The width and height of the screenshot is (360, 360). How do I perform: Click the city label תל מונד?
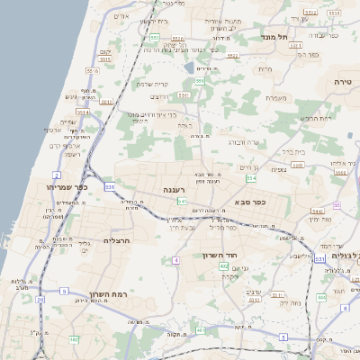pyautogui.click(x=274, y=37)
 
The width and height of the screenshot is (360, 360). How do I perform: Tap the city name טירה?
pyautogui.click(x=346, y=82)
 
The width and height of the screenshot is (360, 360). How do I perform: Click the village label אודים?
pyautogui.click(x=123, y=16)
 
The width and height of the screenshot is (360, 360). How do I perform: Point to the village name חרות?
pyautogui.click(x=265, y=68)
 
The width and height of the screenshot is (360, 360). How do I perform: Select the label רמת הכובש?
pyautogui.click(x=314, y=118)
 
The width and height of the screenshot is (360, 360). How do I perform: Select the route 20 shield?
pyautogui.click(x=40, y=299)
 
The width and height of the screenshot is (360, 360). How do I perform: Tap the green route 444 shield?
pyautogui.click(x=321, y=297)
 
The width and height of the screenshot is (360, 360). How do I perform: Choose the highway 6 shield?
pyautogui.click(x=344, y=308)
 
